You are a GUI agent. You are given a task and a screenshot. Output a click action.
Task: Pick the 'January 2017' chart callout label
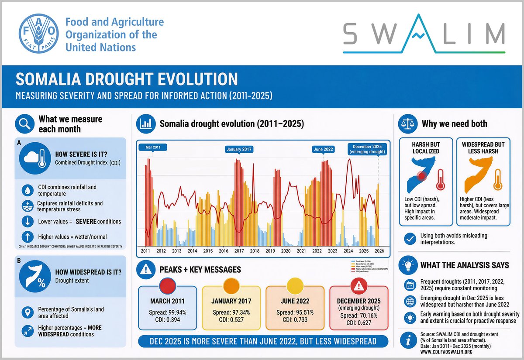click(239, 149)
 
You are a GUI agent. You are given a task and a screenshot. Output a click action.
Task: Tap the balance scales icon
click(407, 124)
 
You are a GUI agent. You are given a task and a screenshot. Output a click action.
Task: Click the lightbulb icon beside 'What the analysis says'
click(407, 265)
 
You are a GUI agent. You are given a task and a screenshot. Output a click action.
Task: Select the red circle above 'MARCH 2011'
click(168, 285)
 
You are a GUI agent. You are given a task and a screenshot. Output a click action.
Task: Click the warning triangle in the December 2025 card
click(359, 286)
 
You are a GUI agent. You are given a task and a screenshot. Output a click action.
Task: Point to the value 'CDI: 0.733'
click(295, 320)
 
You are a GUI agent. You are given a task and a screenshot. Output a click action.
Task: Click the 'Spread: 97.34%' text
click(231, 312)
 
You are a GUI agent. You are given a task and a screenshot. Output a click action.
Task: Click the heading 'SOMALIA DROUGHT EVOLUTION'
click(127, 79)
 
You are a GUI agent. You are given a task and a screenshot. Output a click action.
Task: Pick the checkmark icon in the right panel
click(410, 239)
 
